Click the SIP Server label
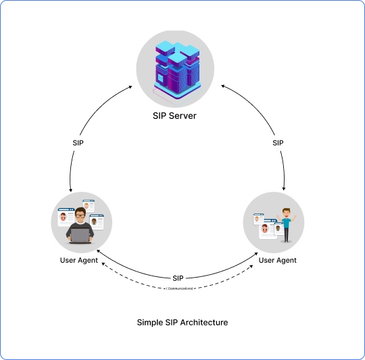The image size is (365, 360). point(174,115)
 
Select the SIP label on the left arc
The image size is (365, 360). point(78,143)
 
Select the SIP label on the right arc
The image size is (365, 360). point(278,143)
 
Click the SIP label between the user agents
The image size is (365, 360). point(178,278)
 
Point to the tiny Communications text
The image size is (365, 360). point(180,288)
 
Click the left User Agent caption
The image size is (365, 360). point(78,260)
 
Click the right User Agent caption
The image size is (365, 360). point(278,260)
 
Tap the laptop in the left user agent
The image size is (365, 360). point(81,235)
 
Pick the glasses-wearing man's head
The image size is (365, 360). point(80,217)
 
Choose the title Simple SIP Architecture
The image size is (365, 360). point(182,323)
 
